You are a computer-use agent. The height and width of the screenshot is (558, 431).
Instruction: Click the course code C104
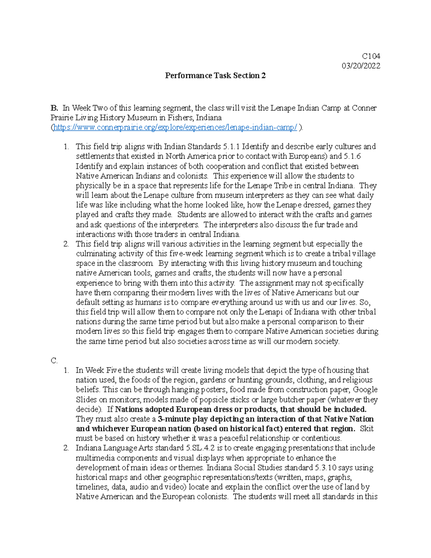(371, 56)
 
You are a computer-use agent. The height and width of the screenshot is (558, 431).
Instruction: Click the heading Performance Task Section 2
(215, 75)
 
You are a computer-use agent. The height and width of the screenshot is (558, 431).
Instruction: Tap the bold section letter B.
(54, 108)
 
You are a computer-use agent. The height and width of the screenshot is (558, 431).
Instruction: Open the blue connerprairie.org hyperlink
(175, 128)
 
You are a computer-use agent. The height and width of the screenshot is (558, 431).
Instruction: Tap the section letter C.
(54, 361)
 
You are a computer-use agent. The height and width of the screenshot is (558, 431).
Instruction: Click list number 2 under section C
(66, 448)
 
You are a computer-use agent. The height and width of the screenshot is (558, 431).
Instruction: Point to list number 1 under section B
(66, 147)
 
